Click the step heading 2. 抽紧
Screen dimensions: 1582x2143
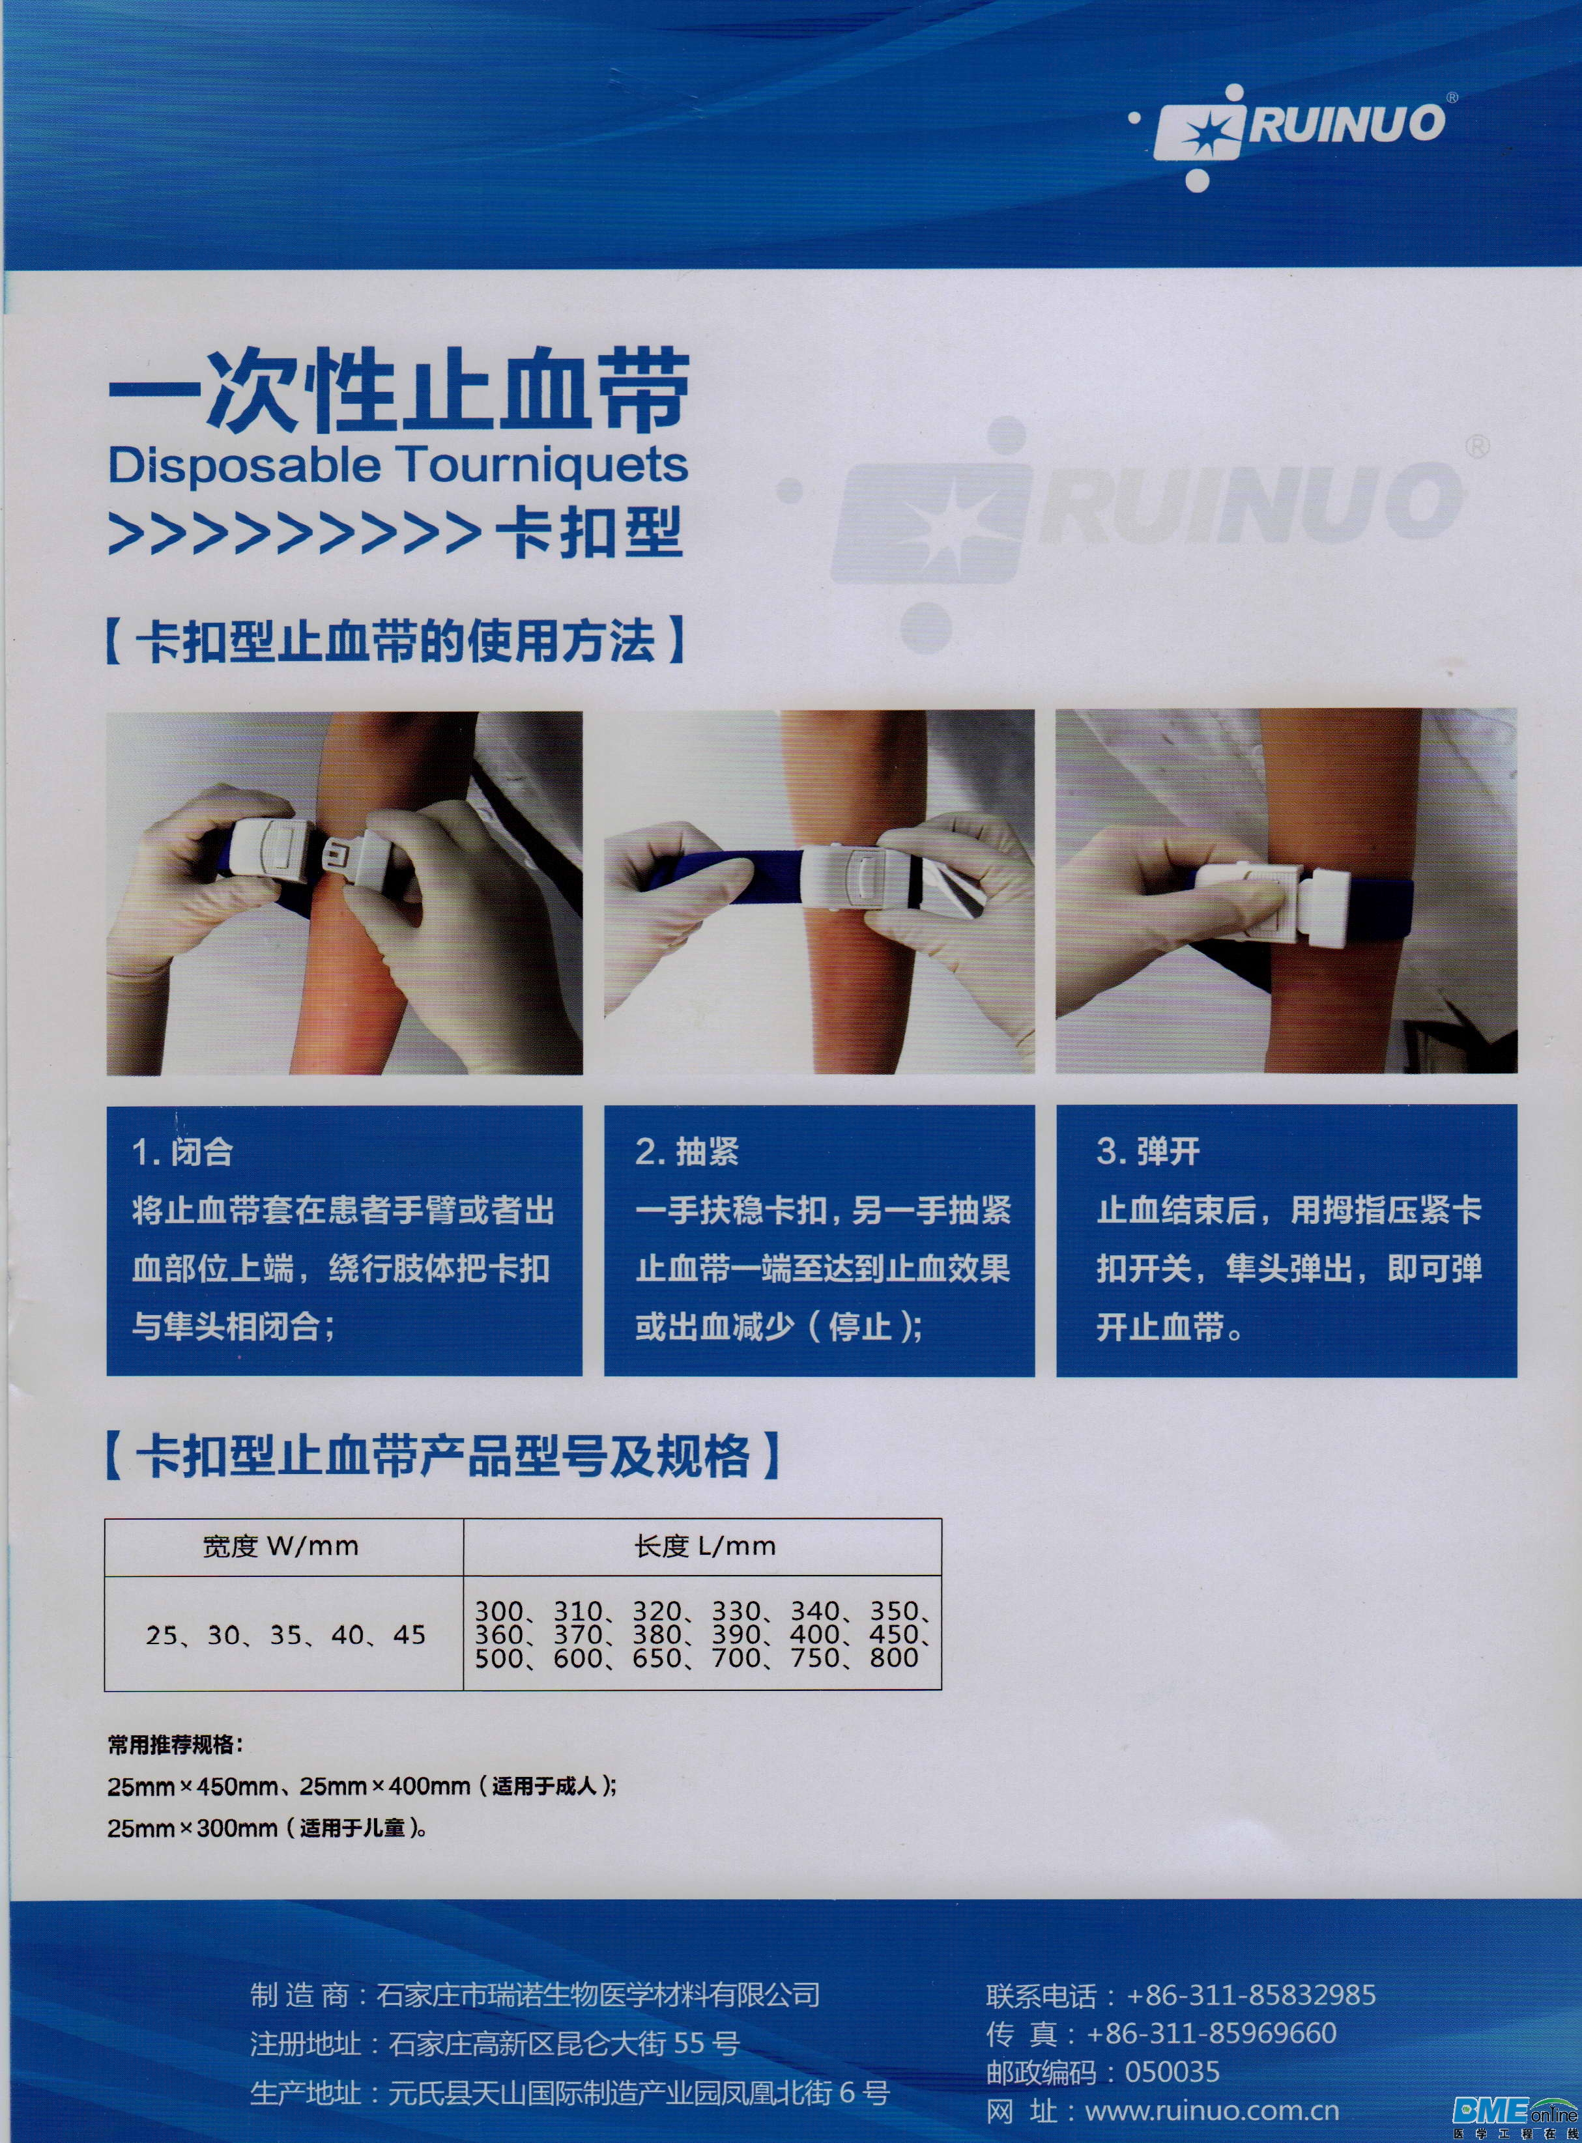coord(687,1152)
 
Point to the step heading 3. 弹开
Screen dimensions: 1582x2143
coord(1147,1152)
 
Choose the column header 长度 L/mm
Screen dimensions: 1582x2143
coord(703,1546)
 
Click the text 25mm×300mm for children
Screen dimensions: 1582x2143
coord(192,1827)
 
